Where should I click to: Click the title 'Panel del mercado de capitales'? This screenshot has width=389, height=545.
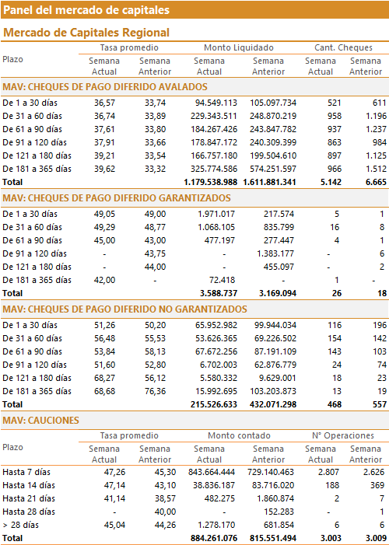point(86,10)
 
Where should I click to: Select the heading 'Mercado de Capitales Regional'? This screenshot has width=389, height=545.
point(86,33)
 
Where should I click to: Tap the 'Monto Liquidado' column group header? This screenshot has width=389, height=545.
point(239,47)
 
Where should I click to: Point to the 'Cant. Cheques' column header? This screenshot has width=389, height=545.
point(343,47)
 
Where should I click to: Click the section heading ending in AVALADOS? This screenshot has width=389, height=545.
point(105,87)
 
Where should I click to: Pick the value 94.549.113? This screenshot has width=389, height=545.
point(214,103)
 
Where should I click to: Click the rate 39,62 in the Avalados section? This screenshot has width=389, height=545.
point(104,169)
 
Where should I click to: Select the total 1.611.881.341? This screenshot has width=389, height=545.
point(270,182)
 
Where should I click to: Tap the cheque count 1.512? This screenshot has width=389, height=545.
point(376,169)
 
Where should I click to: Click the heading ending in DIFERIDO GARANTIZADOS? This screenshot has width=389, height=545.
point(117,198)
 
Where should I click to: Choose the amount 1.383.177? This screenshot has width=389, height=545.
point(275,253)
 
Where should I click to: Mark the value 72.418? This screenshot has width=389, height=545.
point(221,280)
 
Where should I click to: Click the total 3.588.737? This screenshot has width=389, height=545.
point(219,293)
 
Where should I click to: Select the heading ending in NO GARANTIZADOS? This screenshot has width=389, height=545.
point(125,309)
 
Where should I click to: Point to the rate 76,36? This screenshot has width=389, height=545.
point(155,391)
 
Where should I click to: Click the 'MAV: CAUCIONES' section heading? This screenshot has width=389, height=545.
point(40,421)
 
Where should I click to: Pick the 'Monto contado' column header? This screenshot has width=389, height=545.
point(239,435)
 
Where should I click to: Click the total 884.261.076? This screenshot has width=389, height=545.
point(214,539)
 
